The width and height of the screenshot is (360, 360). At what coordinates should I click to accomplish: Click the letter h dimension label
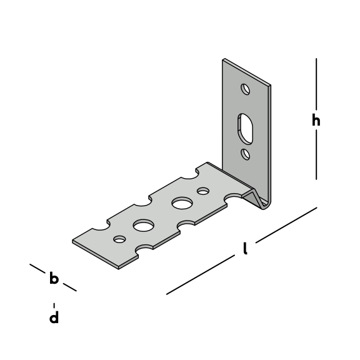[x=316, y=120]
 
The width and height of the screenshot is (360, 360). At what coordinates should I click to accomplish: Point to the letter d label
[x=54, y=317]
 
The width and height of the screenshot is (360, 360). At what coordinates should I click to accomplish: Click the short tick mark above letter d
[x=54, y=306]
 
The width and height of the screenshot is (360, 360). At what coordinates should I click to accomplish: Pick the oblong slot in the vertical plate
[x=245, y=129]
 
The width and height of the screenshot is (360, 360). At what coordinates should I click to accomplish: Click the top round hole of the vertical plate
[x=245, y=89]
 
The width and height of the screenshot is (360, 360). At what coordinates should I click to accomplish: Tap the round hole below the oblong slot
[x=246, y=154]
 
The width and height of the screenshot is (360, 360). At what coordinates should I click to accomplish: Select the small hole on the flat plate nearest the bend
[x=203, y=191]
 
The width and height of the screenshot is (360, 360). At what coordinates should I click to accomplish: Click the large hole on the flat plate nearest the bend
[x=182, y=203]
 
